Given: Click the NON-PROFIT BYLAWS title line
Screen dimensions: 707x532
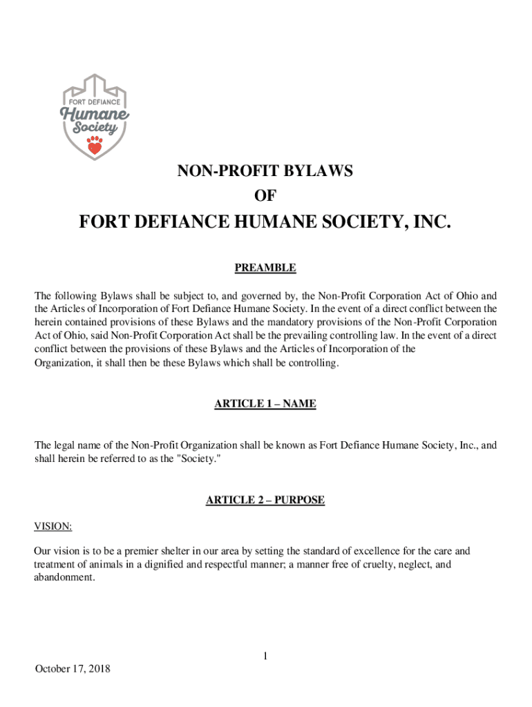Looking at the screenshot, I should (266, 172).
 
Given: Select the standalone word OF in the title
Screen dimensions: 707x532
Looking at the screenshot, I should (266, 197).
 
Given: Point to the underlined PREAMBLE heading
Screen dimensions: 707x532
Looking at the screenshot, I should (266, 267).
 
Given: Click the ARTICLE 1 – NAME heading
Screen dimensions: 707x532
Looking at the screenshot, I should (266, 404).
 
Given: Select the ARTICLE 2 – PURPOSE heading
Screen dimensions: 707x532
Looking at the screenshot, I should (266, 500).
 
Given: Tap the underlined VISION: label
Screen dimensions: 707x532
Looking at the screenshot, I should (53, 527).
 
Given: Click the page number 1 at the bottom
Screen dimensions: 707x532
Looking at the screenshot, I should (265, 656).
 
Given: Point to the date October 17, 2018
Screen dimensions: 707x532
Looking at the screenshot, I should (73, 669).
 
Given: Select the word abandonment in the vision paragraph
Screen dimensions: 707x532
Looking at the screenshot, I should (63, 577).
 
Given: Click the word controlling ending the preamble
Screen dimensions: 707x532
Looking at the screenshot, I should (314, 362).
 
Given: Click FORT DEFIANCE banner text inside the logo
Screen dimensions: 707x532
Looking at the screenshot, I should (95, 102).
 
